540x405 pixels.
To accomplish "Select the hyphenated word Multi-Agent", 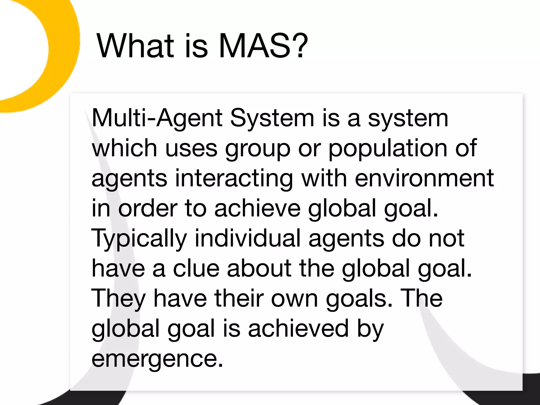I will point(157,118).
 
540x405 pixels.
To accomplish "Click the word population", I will point(388,148).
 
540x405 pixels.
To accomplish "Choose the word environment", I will point(424,179).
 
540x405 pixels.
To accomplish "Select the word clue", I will point(196,268).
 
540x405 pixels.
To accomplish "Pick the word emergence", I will point(157,359).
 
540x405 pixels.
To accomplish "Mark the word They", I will point(118,299).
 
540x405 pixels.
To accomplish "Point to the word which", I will point(124,148).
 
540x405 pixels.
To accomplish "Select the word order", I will point(148,208).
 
